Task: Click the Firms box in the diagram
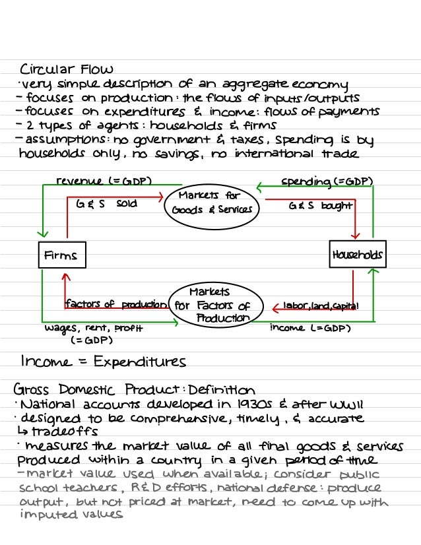61,255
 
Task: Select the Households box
357,255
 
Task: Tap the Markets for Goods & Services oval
210,203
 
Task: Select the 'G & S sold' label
106,204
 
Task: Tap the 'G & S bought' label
321,206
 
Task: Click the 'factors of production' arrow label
115,304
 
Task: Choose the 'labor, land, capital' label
321,305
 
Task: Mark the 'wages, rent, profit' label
93,328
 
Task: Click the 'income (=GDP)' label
310,328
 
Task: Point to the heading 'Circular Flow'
67,69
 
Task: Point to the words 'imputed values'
73,515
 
